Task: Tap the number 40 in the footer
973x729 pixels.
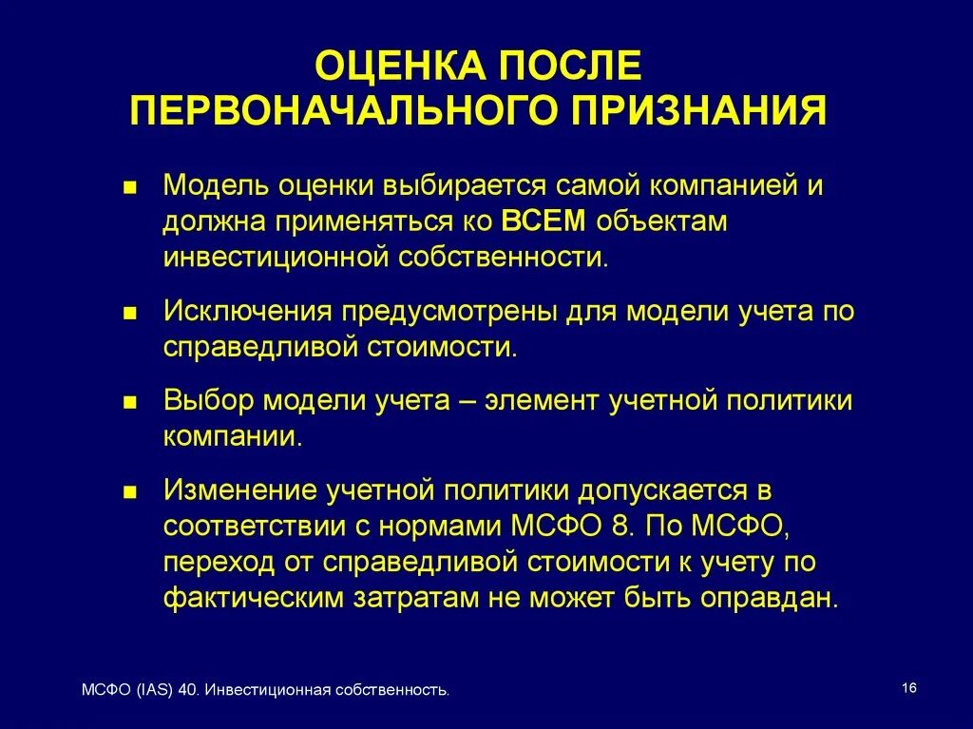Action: tap(188, 691)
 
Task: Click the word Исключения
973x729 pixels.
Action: tap(247, 311)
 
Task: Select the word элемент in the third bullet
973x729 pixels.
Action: tap(539, 400)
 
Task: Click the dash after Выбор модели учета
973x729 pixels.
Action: tap(467, 400)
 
